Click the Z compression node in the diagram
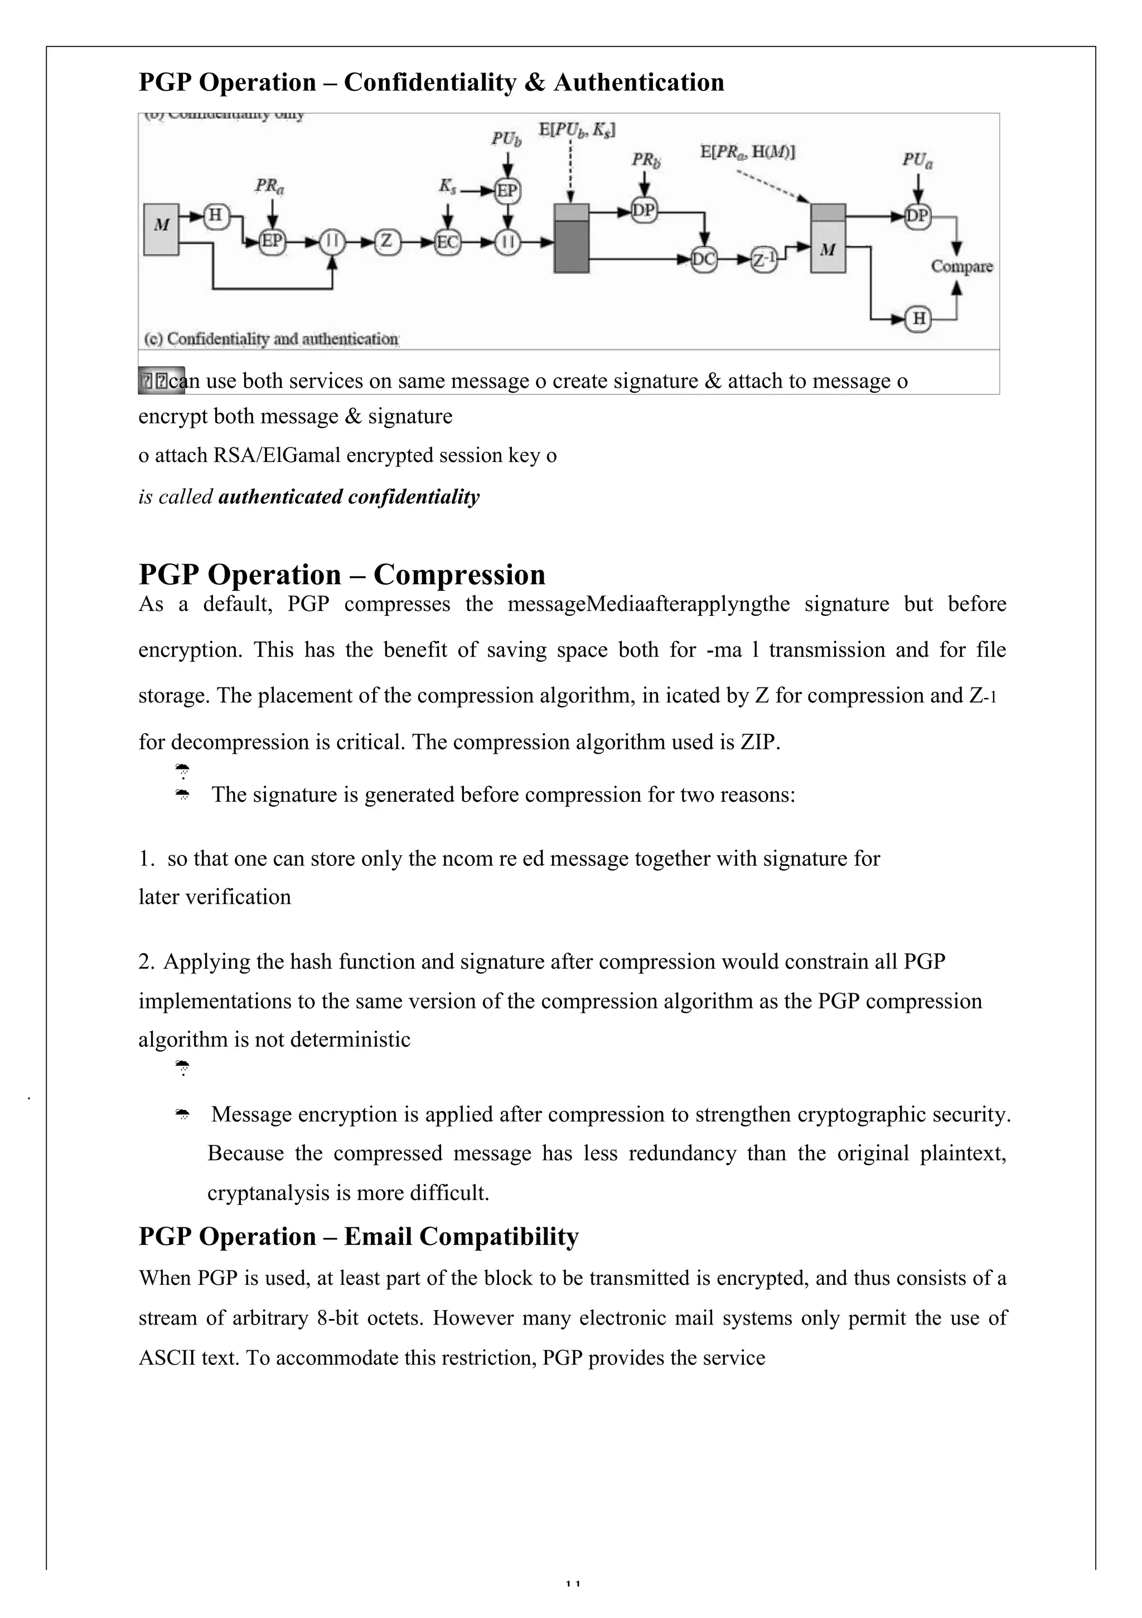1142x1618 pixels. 386,242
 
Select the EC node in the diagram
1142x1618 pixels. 447,242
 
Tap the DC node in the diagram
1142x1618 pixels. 703,259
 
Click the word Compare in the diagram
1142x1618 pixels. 962,266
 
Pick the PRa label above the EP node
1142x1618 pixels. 270,186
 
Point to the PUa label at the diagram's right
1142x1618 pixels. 917,161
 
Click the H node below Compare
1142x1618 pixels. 918,319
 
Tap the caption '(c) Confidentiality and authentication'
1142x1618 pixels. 271,339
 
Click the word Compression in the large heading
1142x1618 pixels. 459,574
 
